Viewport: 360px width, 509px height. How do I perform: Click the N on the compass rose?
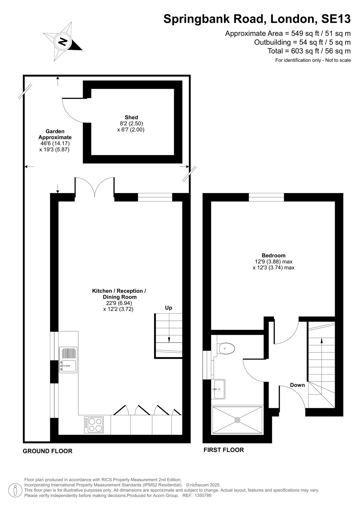[62, 42]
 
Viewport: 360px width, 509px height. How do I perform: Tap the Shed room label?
[131, 117]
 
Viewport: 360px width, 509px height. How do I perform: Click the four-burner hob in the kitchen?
[94, 425]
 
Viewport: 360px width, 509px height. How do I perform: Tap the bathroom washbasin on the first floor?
[218, 389]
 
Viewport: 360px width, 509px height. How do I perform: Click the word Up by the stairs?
[168, 308]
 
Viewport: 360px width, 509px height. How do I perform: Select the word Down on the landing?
[297, 385]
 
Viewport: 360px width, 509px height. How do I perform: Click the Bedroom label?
[273, 255]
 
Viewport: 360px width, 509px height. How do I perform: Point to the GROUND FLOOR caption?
[47, 451]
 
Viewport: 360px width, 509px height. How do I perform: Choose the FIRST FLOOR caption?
[223, 450]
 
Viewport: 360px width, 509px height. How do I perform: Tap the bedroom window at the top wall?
[266, 197]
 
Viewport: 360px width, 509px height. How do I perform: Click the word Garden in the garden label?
[55, 131]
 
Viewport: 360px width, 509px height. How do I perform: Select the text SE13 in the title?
[336, 19]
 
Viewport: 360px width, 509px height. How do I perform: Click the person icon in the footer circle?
[15, 490]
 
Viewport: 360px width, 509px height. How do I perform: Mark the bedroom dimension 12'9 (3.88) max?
[274, 261]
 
